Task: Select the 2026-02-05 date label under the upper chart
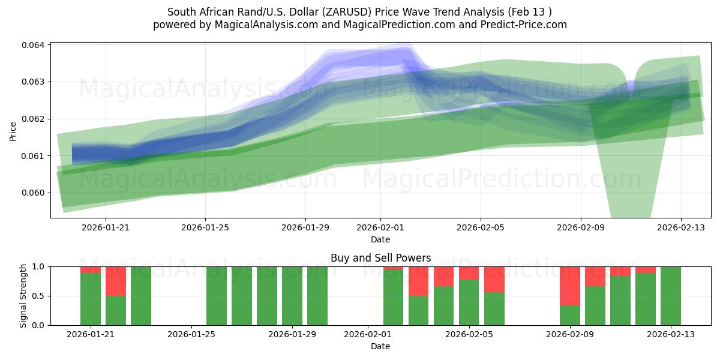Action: pyautogui.click(x=480, y=228)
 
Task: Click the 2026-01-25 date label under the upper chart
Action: pyautogui.click(x=205, y=228)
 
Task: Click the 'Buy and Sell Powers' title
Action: pyautogui.click(x=380, y=258)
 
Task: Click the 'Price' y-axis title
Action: pyautogui.click(x=13, y=131)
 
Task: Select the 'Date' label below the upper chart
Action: pyautogui.click(x=380, y=239)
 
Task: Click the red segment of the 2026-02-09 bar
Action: pyautogui.click(x=570, y=286)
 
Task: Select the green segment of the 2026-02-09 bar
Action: pyautogui.click(x=570, y=315)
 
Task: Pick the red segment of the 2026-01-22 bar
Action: pyautogui.click(x=116, y=281)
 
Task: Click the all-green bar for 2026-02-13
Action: pyautogui.click(x=671, y=296)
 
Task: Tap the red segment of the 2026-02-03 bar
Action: pyautogui.click(x=419, y=281)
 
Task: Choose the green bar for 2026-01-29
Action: pyautogui.click(x=292, y=296)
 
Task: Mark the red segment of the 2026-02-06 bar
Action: pyautogui.click(x=494, y=279)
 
